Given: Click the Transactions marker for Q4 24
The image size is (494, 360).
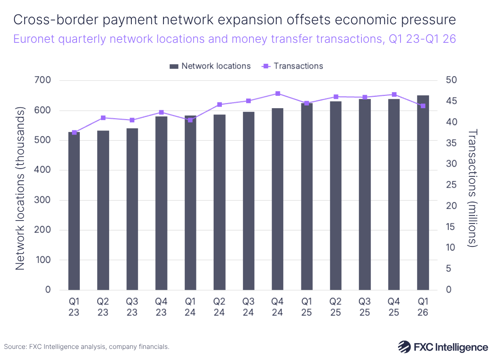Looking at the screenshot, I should coord(278,94).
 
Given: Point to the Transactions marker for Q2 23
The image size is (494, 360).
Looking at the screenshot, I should coord(103,118).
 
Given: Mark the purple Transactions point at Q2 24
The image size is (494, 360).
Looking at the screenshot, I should coord(219,105).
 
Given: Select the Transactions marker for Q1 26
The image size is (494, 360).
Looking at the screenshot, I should coord(423,106).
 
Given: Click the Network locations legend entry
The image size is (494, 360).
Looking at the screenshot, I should coord(210,66).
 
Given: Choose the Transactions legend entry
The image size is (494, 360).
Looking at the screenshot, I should coord(293,66).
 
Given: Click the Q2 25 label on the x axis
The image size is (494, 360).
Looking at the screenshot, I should coord(336,307).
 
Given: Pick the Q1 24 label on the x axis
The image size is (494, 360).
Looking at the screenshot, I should coord(190,307).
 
